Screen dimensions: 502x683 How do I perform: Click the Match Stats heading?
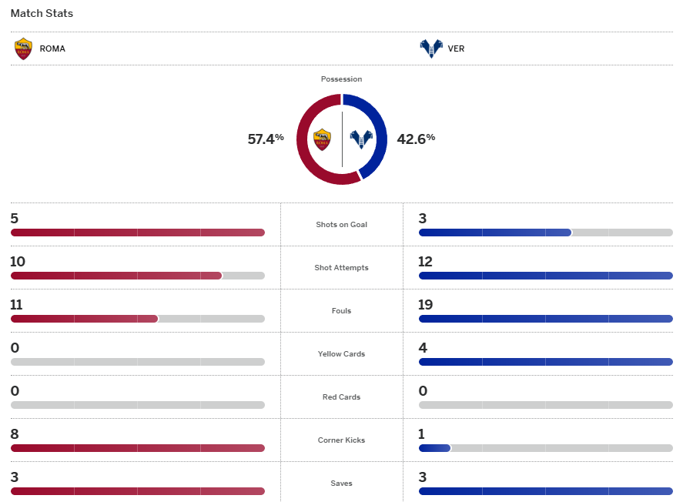42,14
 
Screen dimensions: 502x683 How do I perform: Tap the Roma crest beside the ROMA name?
24,49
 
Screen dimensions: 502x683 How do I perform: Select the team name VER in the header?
456,49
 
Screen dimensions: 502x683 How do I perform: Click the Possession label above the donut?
341,79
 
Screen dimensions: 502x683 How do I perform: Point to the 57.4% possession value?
265,139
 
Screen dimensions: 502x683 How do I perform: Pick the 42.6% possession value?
416,139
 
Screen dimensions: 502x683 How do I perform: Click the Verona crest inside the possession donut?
360,139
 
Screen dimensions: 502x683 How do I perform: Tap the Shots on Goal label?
341,225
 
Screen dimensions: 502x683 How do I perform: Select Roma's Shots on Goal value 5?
15,219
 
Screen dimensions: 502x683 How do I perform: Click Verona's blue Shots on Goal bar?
494,233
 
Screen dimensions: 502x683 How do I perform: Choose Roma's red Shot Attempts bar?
116,276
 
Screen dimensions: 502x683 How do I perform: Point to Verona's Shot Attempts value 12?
426,262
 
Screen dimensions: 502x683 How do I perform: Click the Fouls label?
341,311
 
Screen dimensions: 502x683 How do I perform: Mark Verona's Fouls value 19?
426,305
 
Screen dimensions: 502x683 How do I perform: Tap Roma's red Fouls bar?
84,319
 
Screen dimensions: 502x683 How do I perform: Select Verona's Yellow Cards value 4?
423,348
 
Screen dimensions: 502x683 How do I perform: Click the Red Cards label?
341,397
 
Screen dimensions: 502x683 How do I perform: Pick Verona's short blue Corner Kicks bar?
434,448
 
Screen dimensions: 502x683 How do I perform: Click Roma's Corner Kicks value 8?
15,434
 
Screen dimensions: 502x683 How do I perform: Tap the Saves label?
341,484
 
